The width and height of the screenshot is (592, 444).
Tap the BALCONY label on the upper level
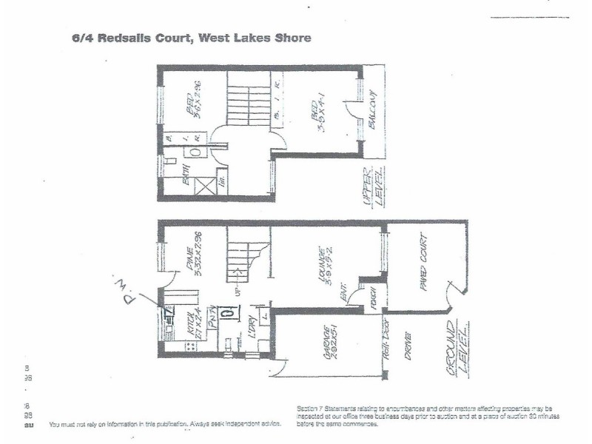coord(372,110)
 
